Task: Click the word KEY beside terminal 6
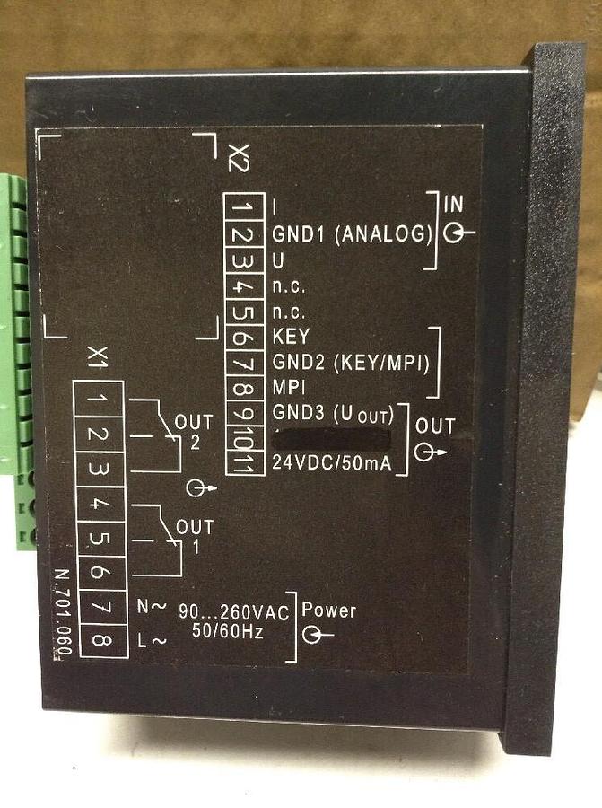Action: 289,338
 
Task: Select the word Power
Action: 328,610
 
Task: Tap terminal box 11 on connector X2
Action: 243,462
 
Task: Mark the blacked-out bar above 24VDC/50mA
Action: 331,439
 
